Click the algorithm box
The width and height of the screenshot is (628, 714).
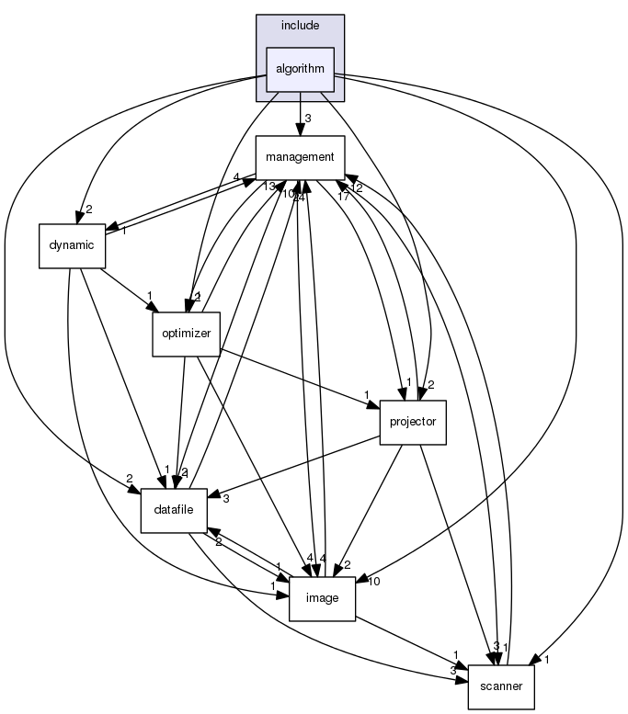tap(300, 70)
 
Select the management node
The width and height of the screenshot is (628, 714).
tap(300, 157)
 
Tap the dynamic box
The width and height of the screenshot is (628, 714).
tap(72, 245)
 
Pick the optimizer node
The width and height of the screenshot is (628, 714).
tap(185, 334)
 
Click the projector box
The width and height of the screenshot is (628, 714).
tap(413, 422)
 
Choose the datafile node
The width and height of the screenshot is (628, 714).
tap(173, 510)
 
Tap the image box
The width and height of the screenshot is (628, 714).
tap(322, 598)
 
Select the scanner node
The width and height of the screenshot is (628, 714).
tap(501, 686)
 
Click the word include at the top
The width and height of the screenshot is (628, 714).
tap(300, 25)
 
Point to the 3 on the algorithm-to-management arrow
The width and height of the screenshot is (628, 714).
tap(309, 118)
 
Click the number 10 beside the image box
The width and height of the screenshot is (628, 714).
tap(374, 581)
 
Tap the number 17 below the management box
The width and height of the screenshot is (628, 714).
tap(342, 195)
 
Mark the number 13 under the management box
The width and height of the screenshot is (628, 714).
tap(268, 187)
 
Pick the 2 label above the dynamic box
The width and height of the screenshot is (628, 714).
tap(89, 209)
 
